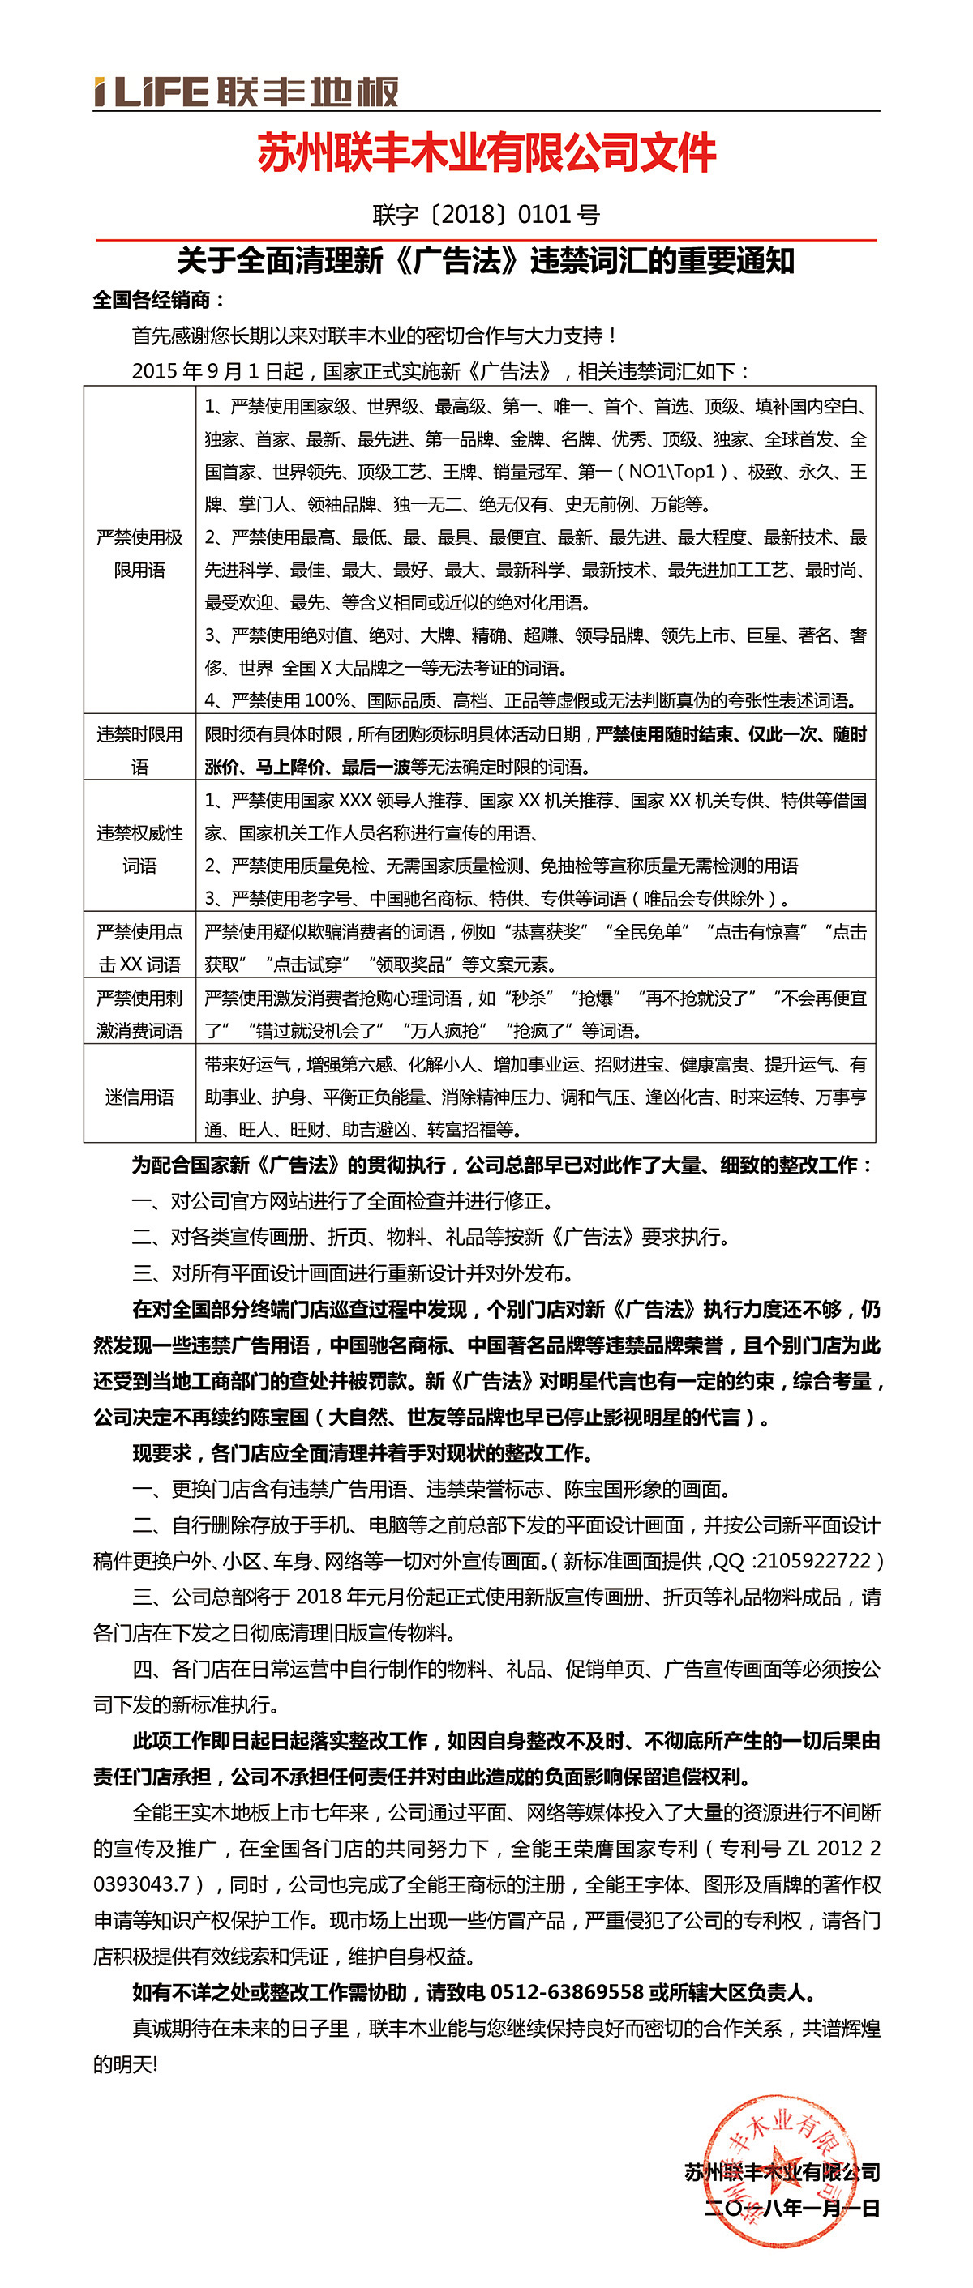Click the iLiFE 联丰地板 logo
246,92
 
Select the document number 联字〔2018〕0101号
486,214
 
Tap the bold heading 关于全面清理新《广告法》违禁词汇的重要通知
485,261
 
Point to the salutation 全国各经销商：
159,300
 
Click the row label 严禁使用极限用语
139,554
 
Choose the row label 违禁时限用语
139,750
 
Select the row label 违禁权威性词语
139,849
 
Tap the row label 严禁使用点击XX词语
139,947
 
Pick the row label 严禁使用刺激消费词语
139,1013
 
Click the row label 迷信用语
139,1097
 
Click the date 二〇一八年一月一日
791,2208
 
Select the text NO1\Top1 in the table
671,472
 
